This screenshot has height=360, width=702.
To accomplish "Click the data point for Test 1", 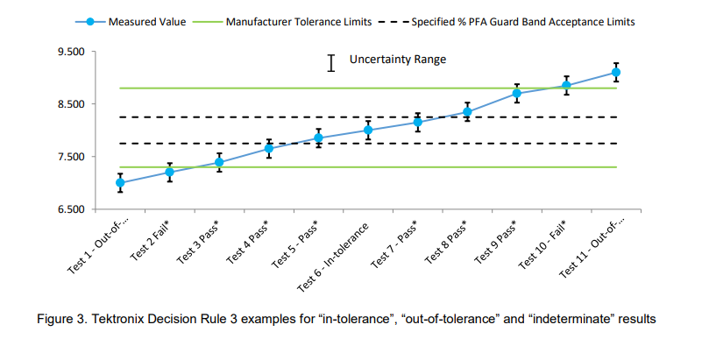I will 120,183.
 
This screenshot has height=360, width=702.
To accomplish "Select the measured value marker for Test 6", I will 368,131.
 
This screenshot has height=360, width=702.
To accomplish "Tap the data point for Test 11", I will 616,73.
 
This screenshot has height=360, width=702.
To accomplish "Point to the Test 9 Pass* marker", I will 517,93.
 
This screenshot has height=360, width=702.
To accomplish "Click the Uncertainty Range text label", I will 398,60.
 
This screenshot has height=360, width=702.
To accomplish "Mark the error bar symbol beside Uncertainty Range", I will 331,62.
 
